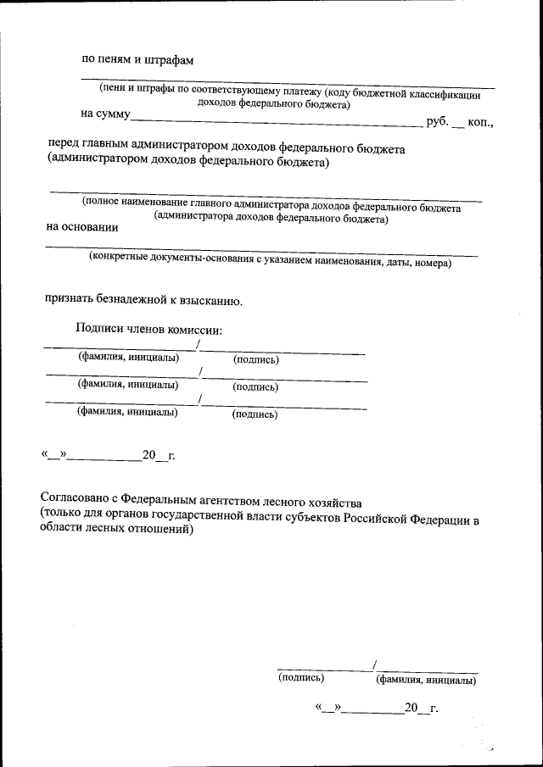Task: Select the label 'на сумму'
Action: (105, 113)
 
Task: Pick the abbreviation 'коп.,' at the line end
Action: (480, 123)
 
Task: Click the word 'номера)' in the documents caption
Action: (432, 263)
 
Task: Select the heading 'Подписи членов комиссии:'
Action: (148, 329)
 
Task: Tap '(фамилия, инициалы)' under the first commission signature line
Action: (128, 357)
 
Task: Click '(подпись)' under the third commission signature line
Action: (255, 414)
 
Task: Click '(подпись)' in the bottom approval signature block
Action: (301, 677)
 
